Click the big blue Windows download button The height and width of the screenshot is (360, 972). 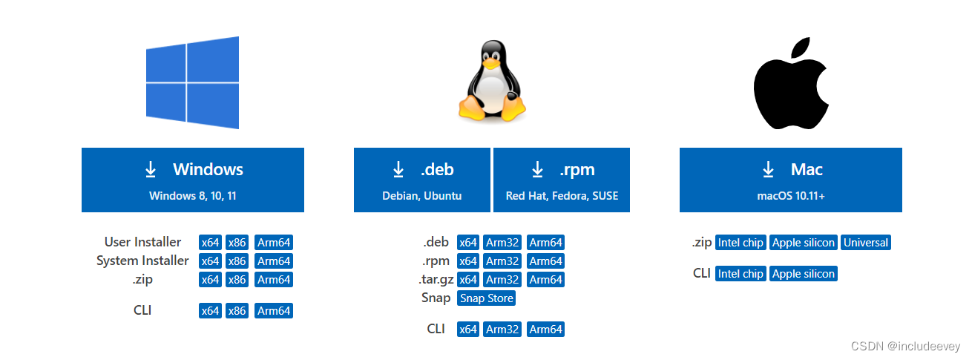click(193, 180)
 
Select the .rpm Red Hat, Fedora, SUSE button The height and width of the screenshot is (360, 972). click(562, 180)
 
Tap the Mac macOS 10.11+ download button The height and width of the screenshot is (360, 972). click(791, 180)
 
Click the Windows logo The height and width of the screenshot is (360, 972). click(193, 82)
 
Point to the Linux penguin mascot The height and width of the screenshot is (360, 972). click(492, 82)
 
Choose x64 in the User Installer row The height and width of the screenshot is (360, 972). click(210, 243)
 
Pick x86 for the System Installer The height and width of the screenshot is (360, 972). click(237, 261)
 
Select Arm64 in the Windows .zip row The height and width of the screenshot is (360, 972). click(274, 280)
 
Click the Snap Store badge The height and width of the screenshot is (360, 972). click(486, 298)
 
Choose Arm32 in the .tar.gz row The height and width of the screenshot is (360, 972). click(502, 280)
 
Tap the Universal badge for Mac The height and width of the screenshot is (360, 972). click(866, 243)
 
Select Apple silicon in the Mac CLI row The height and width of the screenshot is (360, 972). click(804, 274)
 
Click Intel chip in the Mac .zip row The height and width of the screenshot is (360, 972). click(741, 243)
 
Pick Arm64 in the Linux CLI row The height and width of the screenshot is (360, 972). click(545, 330)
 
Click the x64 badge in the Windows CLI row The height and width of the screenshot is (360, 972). click(210, 311)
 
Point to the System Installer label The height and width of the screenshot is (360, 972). click(142, 261)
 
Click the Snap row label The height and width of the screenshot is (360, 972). click(436, 298)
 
